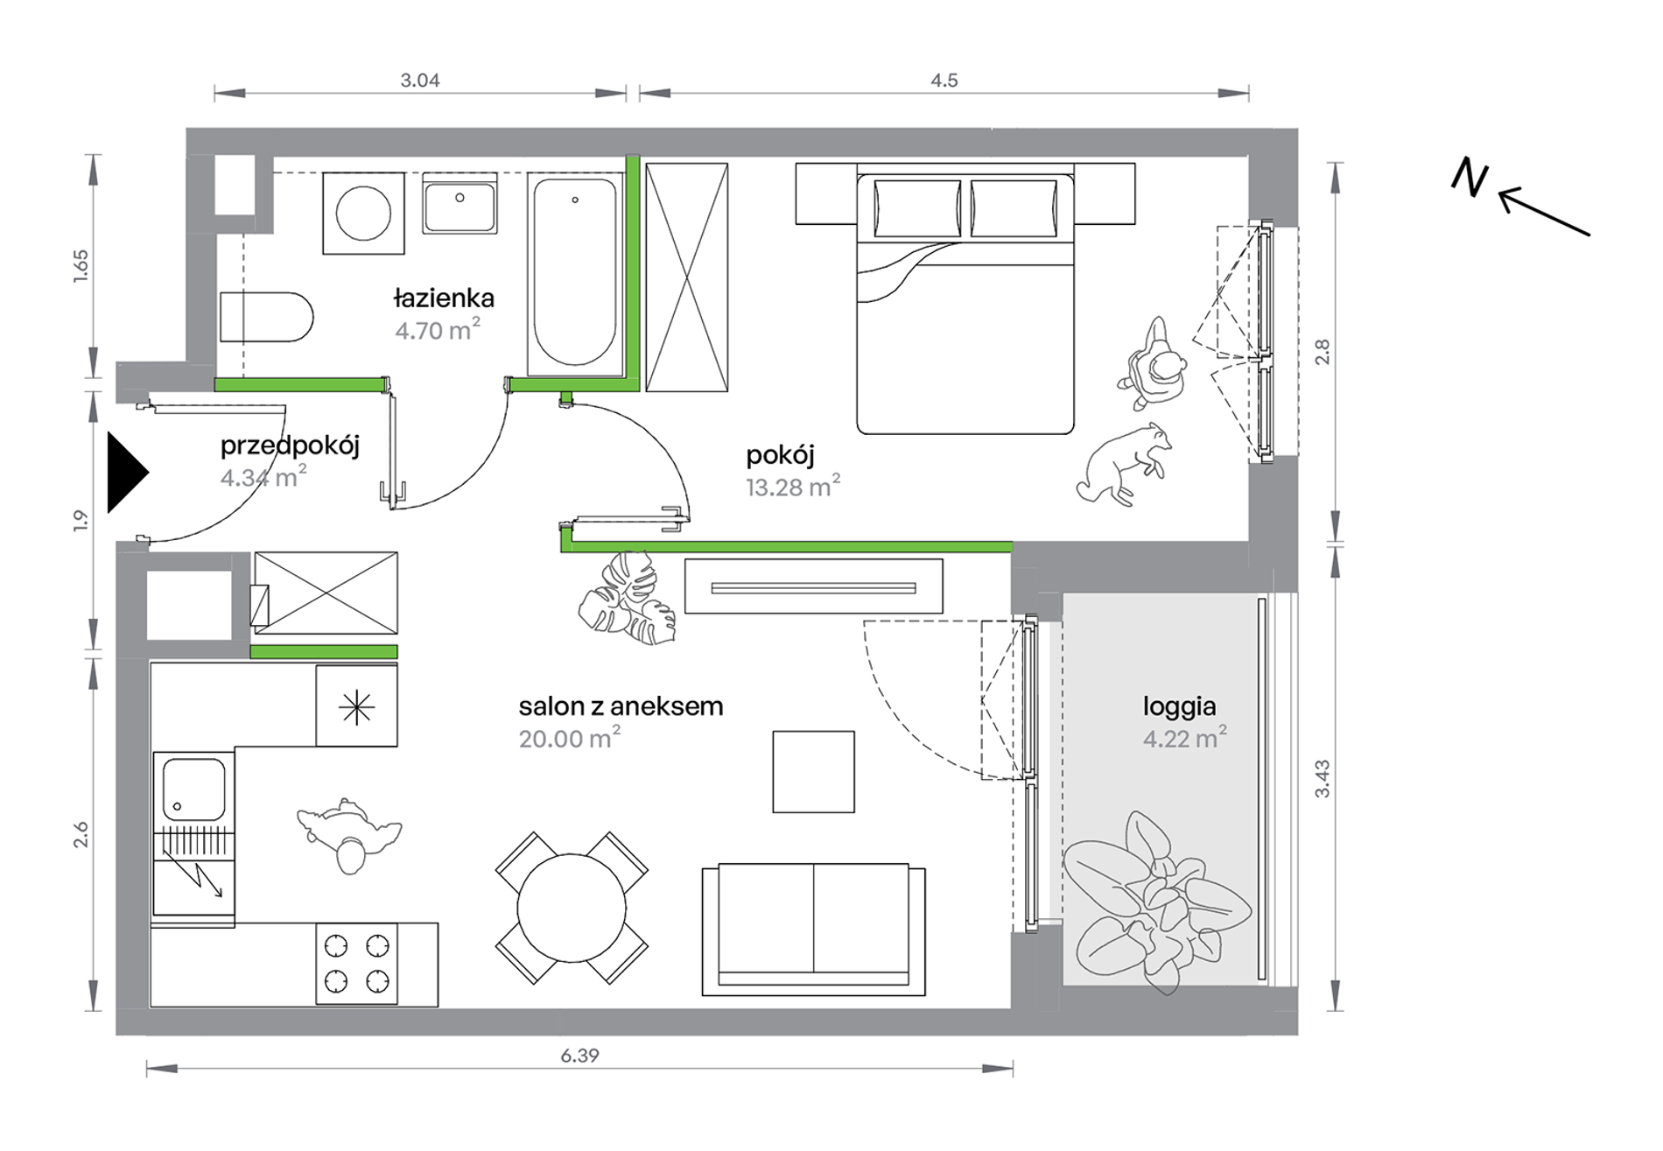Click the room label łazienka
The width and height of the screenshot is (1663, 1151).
pos(444,298)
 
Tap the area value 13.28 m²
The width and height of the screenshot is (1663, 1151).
pos(793,487)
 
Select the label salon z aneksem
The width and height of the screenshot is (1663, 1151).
pos(621,706)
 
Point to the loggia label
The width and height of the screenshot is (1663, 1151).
pos(1179,707)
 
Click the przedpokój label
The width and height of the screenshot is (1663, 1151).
pos(290,446)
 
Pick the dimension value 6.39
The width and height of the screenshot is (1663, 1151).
pos(579,1056)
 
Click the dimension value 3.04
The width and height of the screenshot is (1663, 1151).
pos(420,81)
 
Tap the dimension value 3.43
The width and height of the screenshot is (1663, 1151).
pos(1322,779)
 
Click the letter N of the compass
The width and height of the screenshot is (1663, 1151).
pos(1470,178)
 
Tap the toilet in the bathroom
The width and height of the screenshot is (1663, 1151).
pos(266,317)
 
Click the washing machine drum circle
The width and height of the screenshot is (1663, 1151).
pos(364,213)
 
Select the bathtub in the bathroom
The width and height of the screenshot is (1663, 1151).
pos(575,273)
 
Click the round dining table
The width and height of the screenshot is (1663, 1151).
pos(572,909)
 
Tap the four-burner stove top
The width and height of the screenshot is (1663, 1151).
pos(356,965)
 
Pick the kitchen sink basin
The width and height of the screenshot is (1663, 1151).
pos(193,790)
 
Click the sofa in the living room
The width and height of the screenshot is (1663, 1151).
pos(813,930)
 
